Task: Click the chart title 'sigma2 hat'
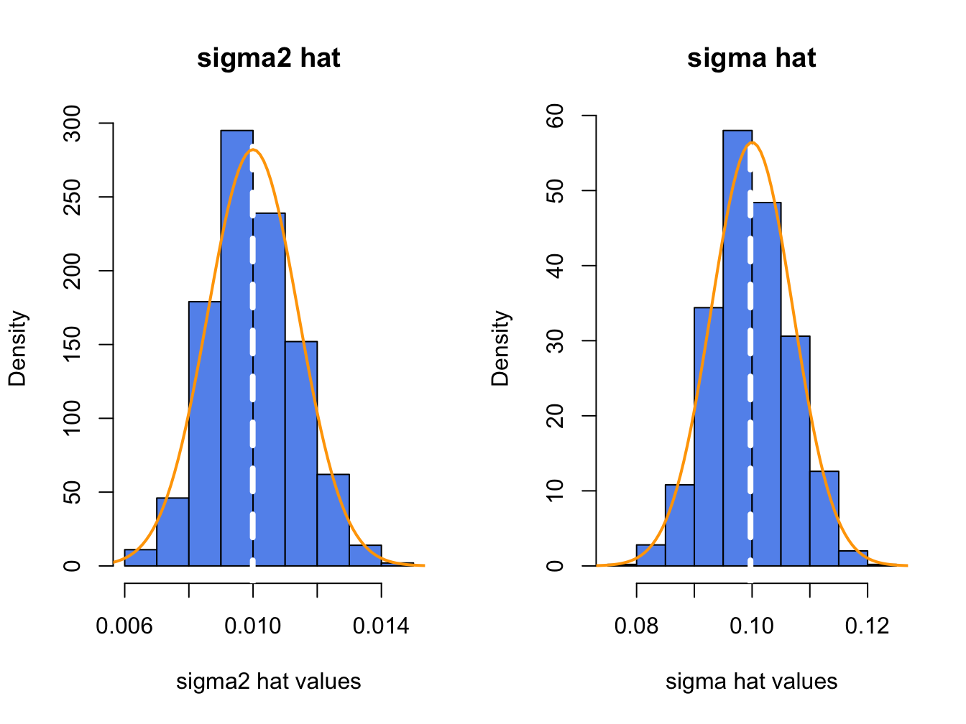[x=268, y=58]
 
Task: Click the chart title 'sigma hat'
[x=751, y=58]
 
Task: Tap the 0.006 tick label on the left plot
[x=124, y=626]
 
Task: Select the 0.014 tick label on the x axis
[x=381, y=626]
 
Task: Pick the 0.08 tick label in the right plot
[x=636, y=626]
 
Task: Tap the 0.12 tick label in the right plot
[x=867, y=626]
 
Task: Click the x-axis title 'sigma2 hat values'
[x=268, y=681]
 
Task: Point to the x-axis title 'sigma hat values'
[x=751, y=681]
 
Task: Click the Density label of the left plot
[x=18, y=348]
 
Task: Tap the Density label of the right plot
[x=501, y=348]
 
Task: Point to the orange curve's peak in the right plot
[x=752, y=142]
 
